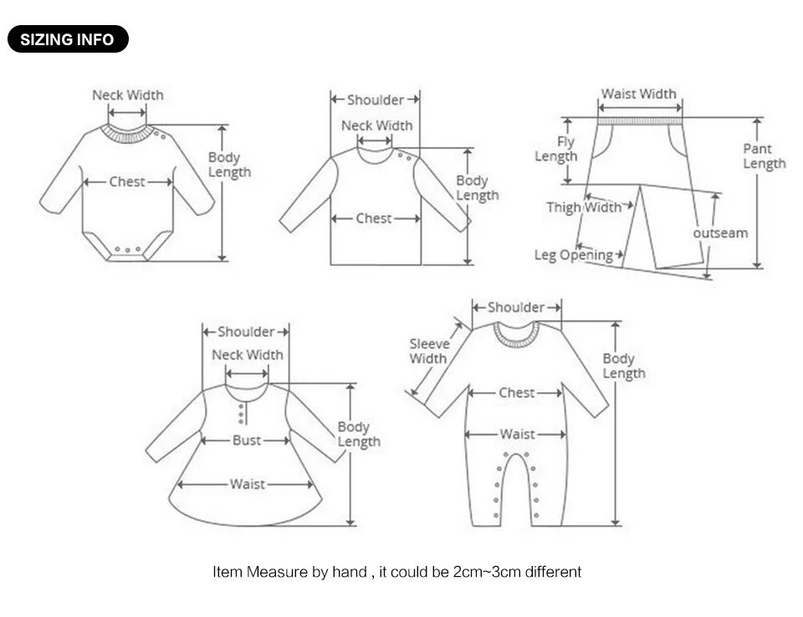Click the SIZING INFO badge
coord(68,39)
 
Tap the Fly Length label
coord(556,149)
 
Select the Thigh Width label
coord(583,207)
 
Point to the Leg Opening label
coord(573,255)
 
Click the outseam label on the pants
coord(720,233)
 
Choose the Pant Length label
coord(764,156)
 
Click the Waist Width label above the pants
coord(638,94)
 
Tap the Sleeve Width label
coord(429,351)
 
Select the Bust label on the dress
coord(246,441)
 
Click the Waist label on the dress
coord(248,484)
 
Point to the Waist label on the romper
coord(517,434)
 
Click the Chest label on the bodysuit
coord(127,181)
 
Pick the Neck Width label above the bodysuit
coord(127,95)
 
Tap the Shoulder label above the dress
coord(246,332)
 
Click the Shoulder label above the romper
coord(516,307)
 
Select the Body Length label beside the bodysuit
coord(229,165)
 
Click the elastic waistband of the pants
coord(640,121)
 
